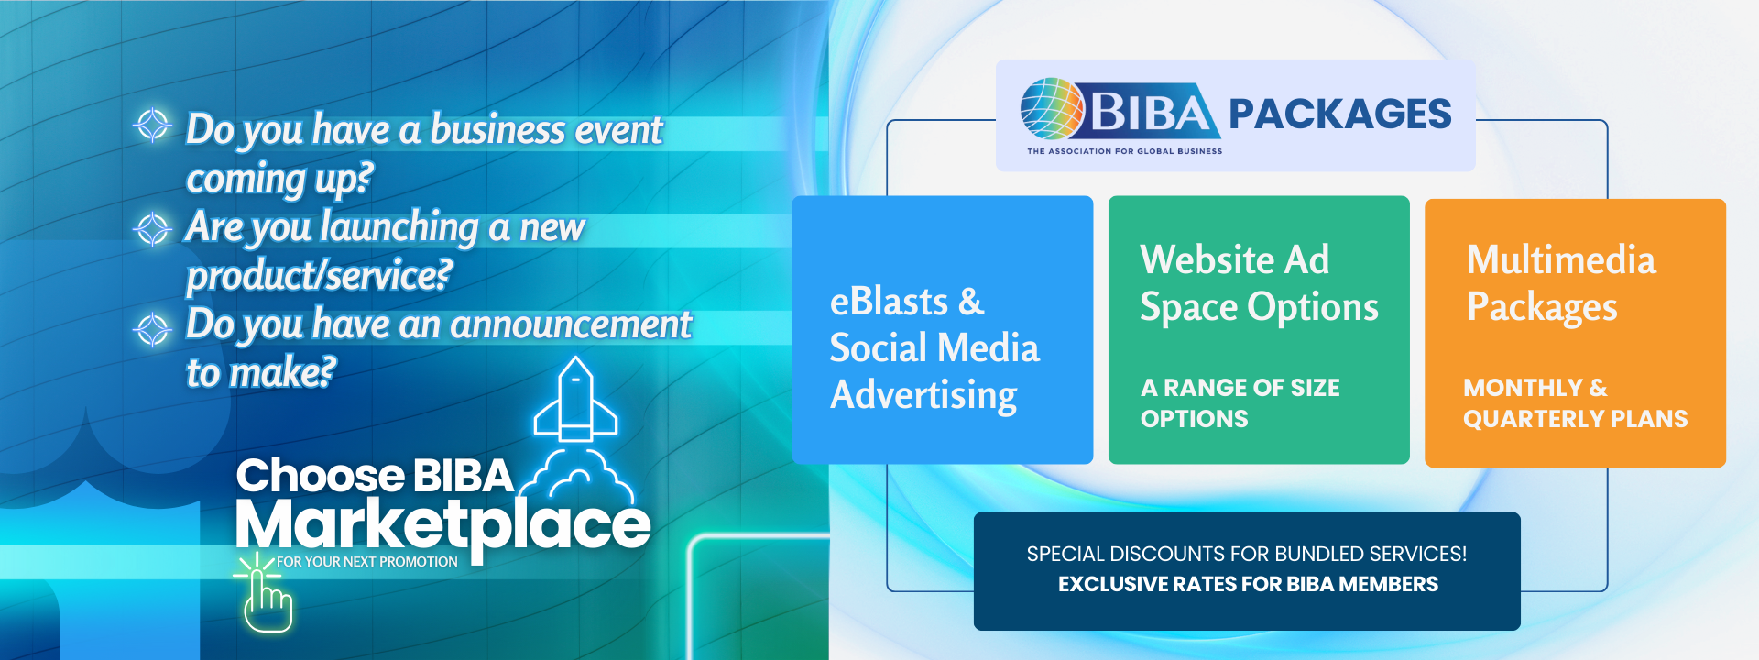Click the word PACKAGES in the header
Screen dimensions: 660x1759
coord(1339,115)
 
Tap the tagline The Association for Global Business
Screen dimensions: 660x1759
coord(1124,151)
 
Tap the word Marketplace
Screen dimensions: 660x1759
coord(442,525)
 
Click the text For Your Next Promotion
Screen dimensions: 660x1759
coord(366,562)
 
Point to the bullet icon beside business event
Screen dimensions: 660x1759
coord(153,125)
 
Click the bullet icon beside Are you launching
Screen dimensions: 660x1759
coord(153,228)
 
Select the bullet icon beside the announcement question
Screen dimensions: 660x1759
coord(153,327)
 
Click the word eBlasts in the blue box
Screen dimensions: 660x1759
coord(888,302)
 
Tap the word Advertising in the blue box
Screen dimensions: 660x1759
coord(923,395)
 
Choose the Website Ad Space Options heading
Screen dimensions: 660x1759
coord(1258,283)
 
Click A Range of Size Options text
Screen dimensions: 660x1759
coord(1240,402)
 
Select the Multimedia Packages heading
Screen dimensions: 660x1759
coord(1560,283)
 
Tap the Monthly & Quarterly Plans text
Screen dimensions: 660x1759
coord(1574,402)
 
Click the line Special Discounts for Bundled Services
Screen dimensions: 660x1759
coord(1246,554)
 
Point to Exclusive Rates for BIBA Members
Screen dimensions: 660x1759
coord(1248,584)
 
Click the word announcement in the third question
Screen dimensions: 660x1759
coord(570,324)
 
